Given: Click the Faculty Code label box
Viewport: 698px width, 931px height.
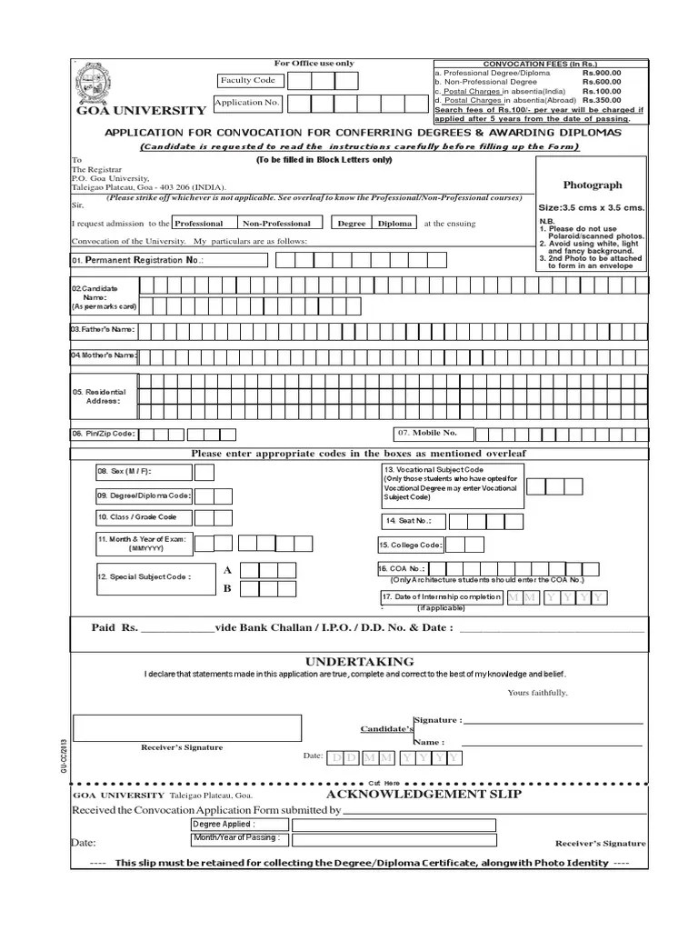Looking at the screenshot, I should (247, 81).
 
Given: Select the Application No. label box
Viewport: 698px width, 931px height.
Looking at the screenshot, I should (246, 103).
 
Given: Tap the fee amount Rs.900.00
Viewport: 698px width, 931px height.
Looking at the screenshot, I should (602, 73).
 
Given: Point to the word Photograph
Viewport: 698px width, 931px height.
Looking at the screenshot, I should (593, 184).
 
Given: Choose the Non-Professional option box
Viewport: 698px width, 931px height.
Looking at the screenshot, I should (276, 223).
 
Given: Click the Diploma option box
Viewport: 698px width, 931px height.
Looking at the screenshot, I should (394, 223).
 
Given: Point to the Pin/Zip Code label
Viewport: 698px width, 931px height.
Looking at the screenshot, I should (105, 434).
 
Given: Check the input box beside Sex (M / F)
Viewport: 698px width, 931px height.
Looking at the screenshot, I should (204, 472).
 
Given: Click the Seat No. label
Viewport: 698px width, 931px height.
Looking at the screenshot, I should (412, 521).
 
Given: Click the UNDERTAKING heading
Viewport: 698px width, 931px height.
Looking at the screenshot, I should (359, 661).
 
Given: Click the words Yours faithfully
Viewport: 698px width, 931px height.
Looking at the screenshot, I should (538, 693).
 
